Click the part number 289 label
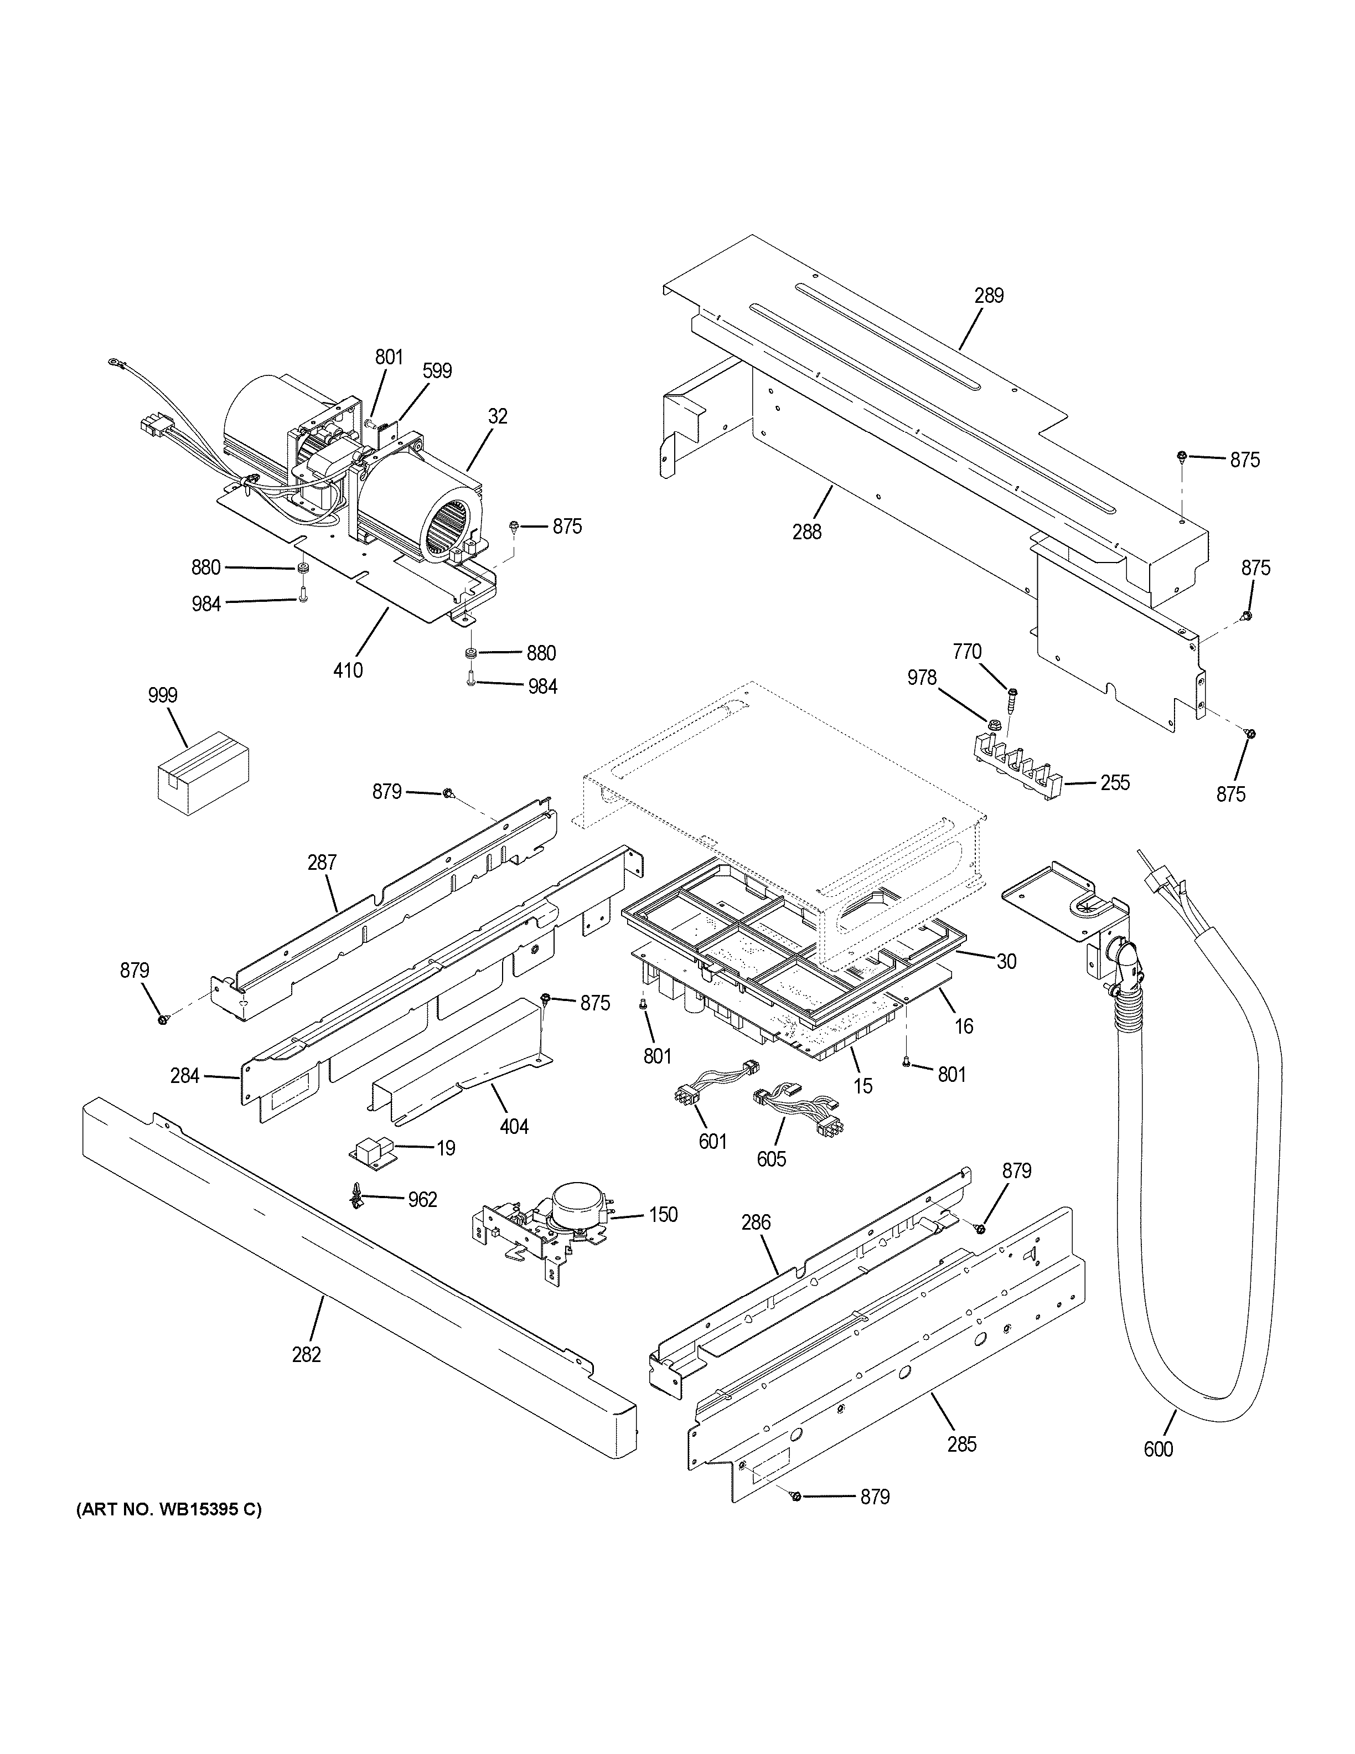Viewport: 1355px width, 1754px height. (989, 296)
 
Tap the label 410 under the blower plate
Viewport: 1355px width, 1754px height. (348, 669)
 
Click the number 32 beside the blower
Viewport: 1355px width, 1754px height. (498, 416)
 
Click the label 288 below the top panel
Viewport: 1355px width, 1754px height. (806, 531)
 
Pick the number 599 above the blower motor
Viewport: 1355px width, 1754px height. (437, 371)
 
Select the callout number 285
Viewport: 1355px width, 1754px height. (961, 1444)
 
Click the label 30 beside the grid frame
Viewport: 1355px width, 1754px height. (1007, 961)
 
